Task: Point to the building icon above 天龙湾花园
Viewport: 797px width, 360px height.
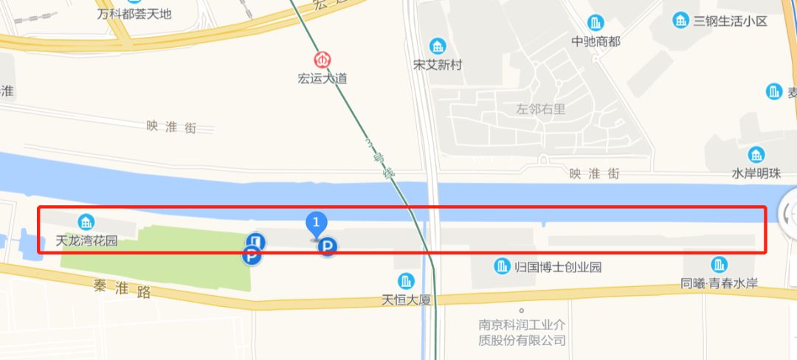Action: pos(86,221)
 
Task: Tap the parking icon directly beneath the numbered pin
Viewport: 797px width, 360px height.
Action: pos(327,247)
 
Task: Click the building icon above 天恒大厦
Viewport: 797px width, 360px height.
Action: pos(405,280)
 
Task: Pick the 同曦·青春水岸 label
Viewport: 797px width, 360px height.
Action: pos(720,283)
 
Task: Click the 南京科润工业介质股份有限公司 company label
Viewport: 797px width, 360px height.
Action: pos(522,332)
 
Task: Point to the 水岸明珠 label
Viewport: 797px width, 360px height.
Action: pos(756,173)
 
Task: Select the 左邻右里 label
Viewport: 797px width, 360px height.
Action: pos(541,109)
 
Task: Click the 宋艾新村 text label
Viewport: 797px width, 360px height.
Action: pos(438,65)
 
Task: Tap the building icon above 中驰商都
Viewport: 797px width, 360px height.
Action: pos(595,23)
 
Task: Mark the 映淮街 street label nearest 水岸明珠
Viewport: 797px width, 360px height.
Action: pos(593,173)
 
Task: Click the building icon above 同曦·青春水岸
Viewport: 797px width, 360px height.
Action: pos(719,265)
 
